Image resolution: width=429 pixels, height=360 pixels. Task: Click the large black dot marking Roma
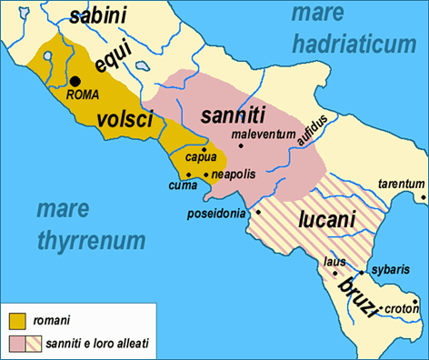(75, 81)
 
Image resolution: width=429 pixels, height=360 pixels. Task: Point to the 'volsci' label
(130, 117)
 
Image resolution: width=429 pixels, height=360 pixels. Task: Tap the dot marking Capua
(205, 149)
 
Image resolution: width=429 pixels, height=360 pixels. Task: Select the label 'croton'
(400, 308)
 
